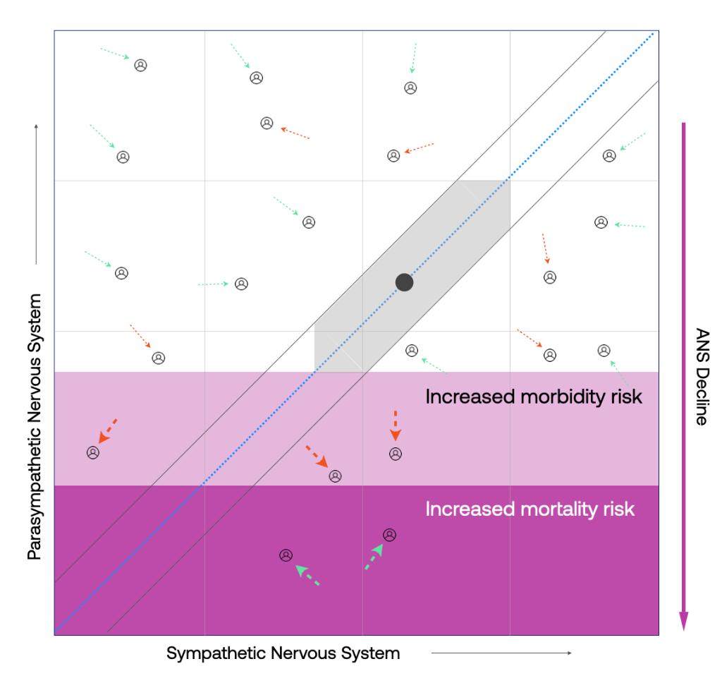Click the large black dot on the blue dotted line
404,282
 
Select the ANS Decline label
702,377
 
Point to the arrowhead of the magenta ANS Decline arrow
683,621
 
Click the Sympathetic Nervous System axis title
283,653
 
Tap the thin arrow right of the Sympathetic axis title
501,653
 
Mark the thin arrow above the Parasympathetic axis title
36,194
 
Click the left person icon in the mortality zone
286,555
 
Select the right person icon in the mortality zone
389,535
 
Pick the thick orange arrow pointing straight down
396,425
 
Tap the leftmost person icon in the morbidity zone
92,452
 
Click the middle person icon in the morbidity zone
336,476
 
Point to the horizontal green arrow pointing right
213,284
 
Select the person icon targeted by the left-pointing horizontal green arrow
601,222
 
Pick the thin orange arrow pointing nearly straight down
545,248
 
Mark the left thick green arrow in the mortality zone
307,575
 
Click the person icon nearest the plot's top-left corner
141,65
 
